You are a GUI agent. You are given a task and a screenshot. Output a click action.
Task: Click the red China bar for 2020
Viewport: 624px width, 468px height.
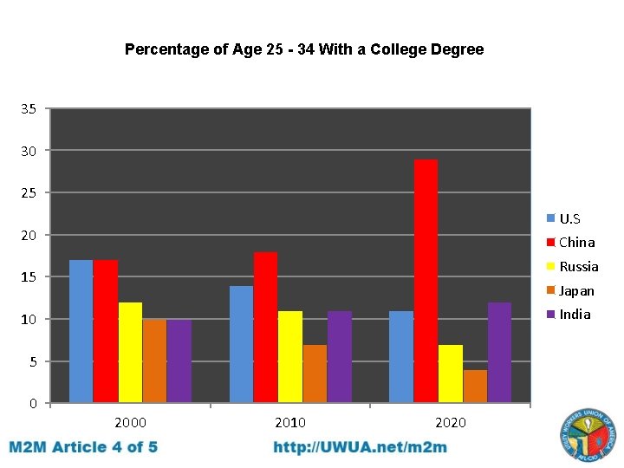pyautogui.click(x=426, y=282)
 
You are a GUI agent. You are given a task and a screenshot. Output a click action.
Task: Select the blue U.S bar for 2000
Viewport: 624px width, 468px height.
pyautogui.click(x=81, y=331)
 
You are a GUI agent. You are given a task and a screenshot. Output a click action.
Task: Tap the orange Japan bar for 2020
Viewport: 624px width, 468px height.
pyautogui.click(x=475, y=387)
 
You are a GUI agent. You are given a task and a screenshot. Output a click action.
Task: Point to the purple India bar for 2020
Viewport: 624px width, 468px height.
pyautogui.click(x=499, y=353)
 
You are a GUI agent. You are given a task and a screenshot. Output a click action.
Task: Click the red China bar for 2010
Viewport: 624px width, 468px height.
pyautogui.click(x=265, y=328)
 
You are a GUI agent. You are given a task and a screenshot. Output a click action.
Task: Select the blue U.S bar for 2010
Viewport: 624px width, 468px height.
pyautogui.click(x=241, y=344)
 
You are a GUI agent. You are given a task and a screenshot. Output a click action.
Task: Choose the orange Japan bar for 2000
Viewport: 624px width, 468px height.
pyautogui.click(x=154, y=361)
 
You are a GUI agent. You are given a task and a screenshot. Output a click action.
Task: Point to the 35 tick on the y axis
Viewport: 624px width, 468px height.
pyautogui.click(x=29, y=109)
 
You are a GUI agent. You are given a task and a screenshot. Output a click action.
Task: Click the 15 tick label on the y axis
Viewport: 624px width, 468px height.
pyautogui.click(x=29, y=277)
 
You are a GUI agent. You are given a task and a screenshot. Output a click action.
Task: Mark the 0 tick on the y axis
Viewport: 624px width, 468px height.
pyautogui.click(x=33, y=404)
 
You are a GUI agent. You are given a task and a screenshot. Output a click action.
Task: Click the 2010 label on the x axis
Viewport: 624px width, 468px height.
pyautogui.click(x=290, y=423)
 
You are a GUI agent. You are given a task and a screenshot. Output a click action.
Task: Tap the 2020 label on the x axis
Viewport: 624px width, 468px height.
pyautogui.click(x=450, y=423)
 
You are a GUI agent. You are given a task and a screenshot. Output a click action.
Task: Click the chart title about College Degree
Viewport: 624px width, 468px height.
pyautogui.click(x=304, y=49)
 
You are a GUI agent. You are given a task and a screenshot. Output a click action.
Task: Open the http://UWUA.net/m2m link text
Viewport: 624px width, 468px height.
pyautogui.click(x=361, y=447)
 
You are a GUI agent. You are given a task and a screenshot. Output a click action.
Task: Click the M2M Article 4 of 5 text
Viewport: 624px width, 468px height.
pyautogui.click(x=84, y=447)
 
